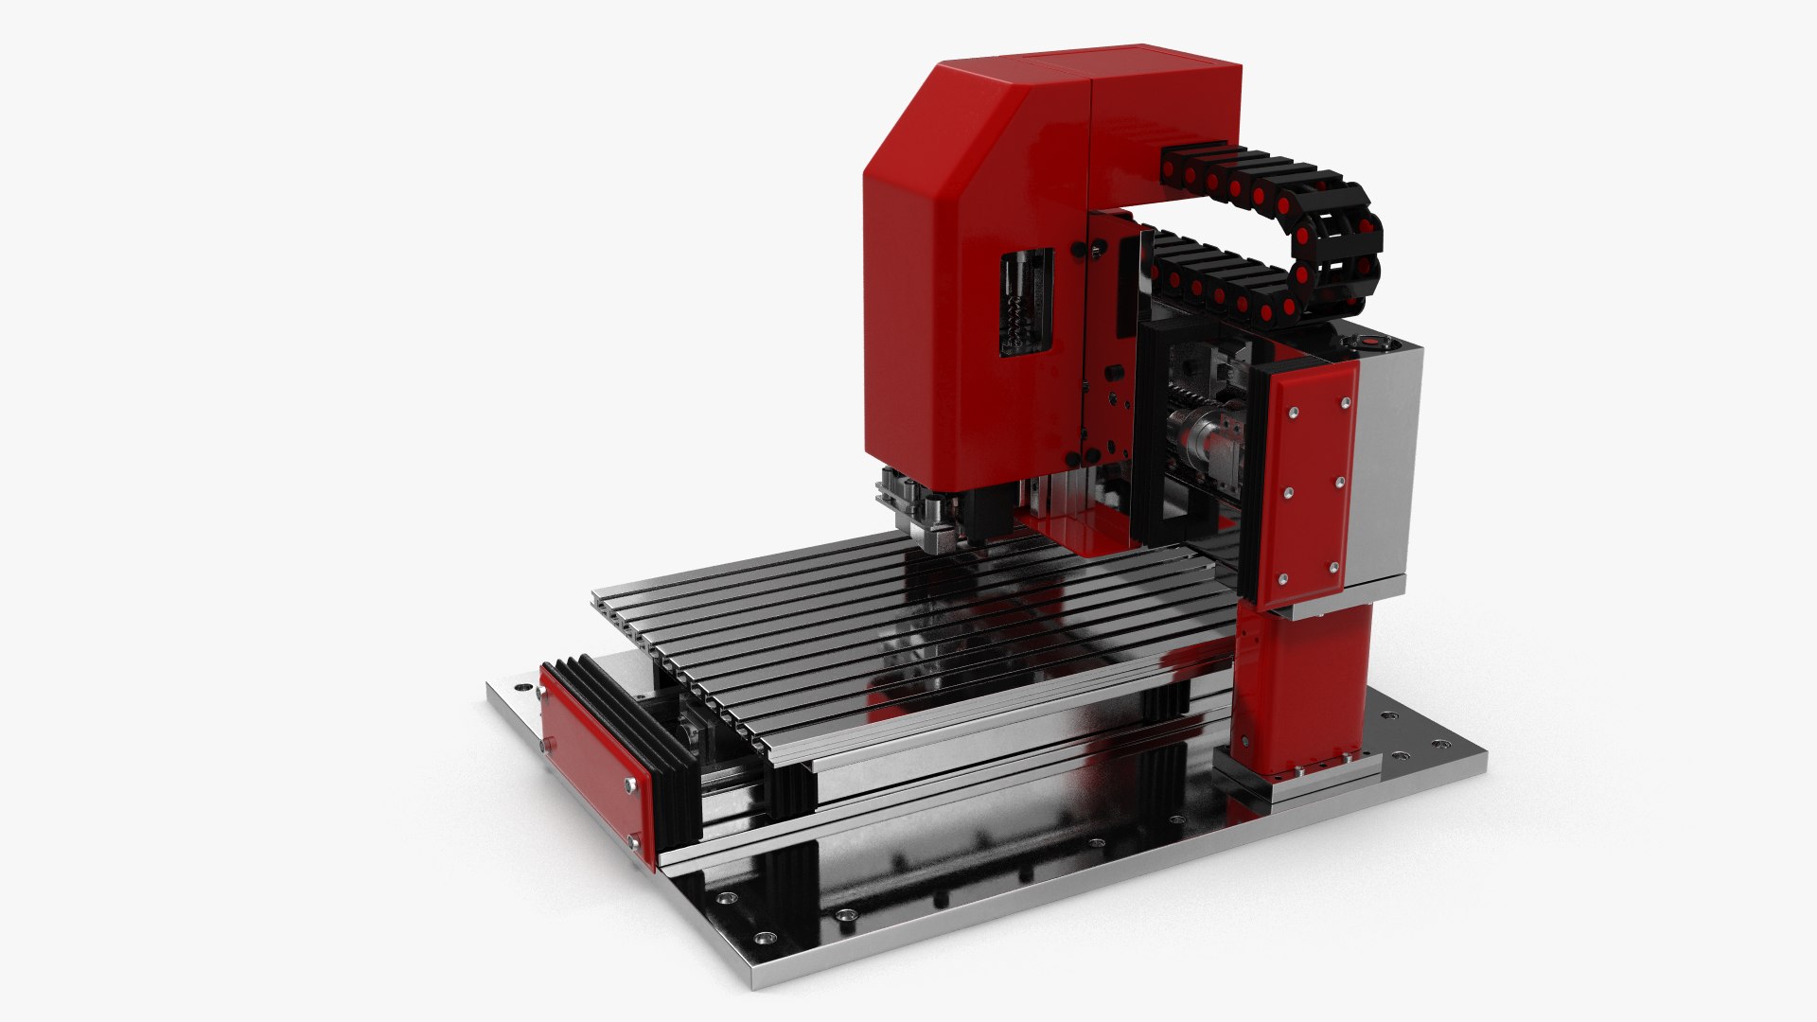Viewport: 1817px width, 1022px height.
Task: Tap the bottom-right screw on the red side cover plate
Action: [1333, 568]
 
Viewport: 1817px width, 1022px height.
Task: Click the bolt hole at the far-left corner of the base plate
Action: [518, 684]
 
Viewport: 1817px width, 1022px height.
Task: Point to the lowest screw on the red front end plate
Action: [631, 839]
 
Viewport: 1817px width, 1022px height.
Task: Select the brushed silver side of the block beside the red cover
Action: [1389, 464]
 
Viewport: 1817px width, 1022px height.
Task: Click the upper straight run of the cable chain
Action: [1240, 175]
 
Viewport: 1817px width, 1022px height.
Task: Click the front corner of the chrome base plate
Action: [757, 975]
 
